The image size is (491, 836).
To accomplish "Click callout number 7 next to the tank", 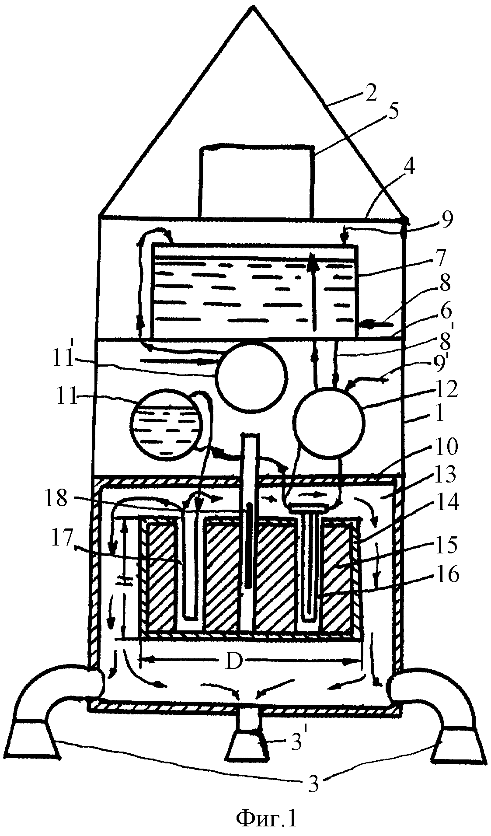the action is [x=439, y=259].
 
